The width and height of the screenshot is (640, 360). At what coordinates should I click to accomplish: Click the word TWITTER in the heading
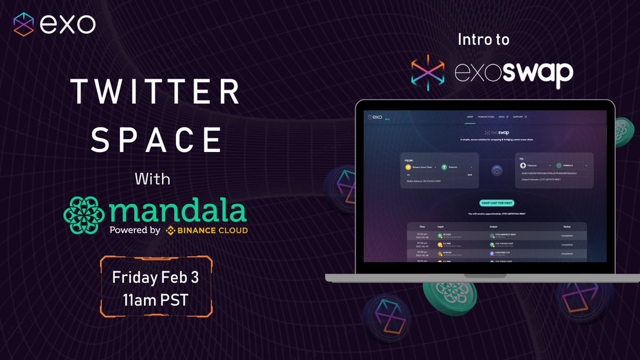coord(156,92)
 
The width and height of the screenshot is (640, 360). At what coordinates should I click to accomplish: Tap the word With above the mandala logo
coord(153,179)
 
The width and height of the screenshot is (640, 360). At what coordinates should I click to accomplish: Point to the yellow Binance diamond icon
coord(171,231)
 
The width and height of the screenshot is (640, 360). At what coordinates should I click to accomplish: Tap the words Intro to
coord(484,39)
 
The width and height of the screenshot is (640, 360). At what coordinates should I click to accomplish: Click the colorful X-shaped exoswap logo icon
coord(428,71)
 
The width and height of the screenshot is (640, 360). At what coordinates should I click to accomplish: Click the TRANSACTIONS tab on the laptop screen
coord(486,117)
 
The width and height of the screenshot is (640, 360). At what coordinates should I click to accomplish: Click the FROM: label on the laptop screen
coord(409,159)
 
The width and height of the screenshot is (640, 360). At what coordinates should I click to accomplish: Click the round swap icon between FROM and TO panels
coord(497,171)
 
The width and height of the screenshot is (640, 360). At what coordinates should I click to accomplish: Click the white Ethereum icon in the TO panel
coord(523,166)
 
